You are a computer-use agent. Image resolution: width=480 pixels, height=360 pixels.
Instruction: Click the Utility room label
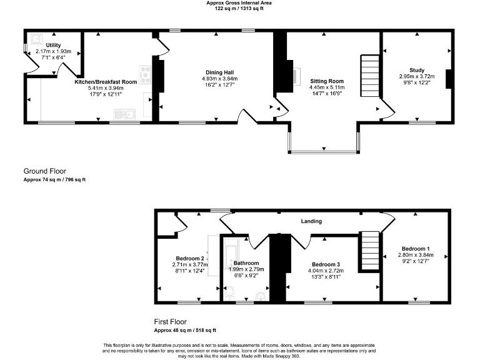53,45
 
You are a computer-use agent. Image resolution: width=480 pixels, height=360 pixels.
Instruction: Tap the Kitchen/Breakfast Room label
106,82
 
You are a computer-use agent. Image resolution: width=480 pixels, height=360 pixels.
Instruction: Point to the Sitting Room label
327,81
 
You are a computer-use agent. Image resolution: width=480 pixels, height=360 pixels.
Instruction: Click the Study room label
416,70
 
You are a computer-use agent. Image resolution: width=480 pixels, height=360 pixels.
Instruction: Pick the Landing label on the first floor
311,221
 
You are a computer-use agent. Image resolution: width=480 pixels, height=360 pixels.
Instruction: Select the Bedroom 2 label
190,258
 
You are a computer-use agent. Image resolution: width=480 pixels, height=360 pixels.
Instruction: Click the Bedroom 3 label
326,264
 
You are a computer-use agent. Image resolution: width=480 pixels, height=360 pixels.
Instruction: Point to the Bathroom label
246,263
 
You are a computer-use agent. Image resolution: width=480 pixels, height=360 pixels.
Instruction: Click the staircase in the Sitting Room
370,76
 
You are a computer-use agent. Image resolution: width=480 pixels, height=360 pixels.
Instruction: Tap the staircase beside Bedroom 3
369,251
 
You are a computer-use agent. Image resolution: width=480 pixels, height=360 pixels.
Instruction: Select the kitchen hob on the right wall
146,74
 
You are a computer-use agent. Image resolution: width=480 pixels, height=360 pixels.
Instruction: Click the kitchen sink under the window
125,114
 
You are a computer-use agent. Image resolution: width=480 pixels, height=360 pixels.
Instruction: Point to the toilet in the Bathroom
230,292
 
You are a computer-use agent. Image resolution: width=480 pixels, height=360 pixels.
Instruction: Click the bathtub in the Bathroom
229,253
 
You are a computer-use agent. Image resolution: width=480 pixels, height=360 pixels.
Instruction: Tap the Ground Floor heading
44,171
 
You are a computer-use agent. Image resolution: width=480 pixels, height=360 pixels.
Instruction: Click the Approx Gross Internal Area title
239,3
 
